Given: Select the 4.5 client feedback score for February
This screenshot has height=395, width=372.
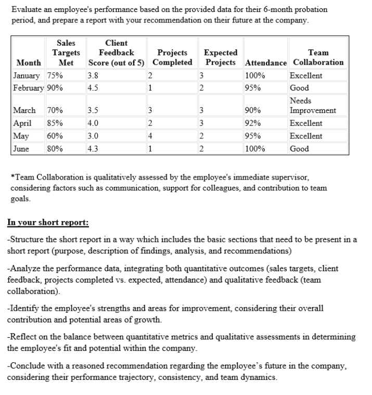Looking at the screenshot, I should click(x=94, y=88).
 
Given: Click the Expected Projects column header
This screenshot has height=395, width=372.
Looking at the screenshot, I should click(x=221, y=57).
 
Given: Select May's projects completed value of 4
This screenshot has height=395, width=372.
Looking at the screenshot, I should click(x=150, y=136).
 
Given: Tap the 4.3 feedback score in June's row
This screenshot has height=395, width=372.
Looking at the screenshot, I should click(x=94, y=149).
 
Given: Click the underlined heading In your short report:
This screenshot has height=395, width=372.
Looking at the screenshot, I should click(x=47, y=222).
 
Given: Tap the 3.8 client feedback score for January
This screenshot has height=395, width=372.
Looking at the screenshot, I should click(x=94, y=75).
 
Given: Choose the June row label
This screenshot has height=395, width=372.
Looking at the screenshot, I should click(x=21, y=149).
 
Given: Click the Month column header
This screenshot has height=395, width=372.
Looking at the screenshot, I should click(x=29, y=62).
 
